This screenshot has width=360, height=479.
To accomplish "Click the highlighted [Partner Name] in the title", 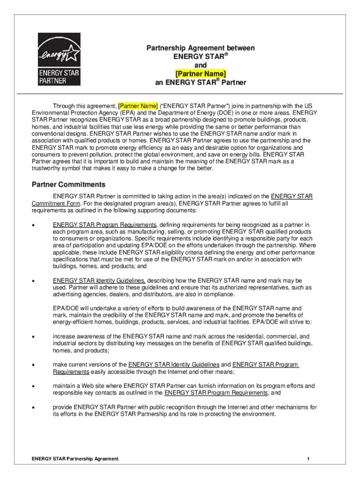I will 201,74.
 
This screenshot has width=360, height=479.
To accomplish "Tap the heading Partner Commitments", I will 68,184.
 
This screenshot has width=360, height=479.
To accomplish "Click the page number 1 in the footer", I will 309,459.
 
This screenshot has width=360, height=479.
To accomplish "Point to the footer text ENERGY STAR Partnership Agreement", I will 75,459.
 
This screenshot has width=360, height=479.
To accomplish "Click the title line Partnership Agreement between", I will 201,48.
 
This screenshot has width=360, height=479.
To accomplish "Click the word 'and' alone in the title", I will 201,65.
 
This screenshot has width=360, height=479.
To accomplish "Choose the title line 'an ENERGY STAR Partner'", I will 201,83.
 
